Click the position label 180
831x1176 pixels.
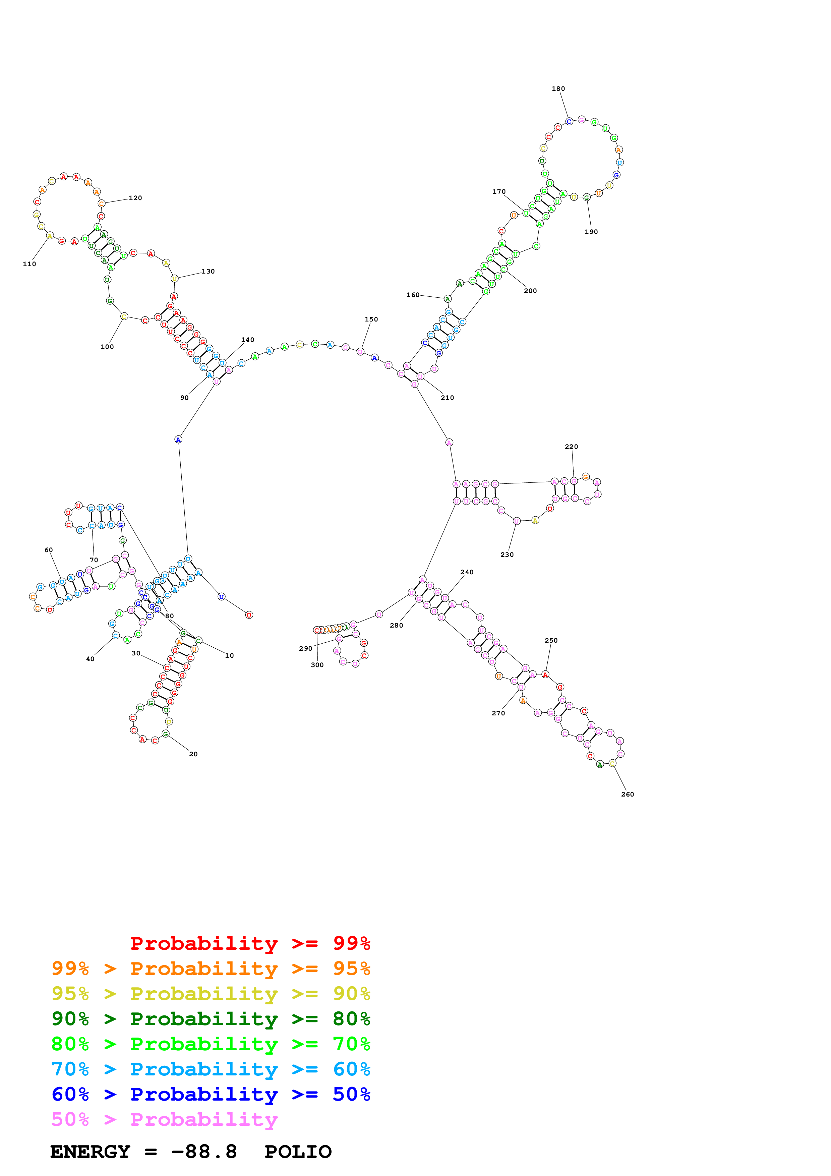tap(558, 89)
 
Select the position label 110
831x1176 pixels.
tap(29, 264)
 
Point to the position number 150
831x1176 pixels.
tap(371, 319)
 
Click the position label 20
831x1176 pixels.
tap(193, 754)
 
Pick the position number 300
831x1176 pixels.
tap(317, 665)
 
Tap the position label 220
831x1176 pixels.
tap(572, 447)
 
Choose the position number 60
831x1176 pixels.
tap(49, 550)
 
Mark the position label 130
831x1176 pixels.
tap(208, 272)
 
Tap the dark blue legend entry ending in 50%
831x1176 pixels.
tap(211, 1094)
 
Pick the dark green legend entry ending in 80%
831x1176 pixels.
tap(211, 1019)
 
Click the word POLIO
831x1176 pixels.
tap(298, 1152)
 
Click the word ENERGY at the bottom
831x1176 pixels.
tap(90, 1152)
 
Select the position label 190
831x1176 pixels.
tap(591, 232)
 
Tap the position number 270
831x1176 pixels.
tap(498, 713)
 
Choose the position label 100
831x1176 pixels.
tap(107, 347)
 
